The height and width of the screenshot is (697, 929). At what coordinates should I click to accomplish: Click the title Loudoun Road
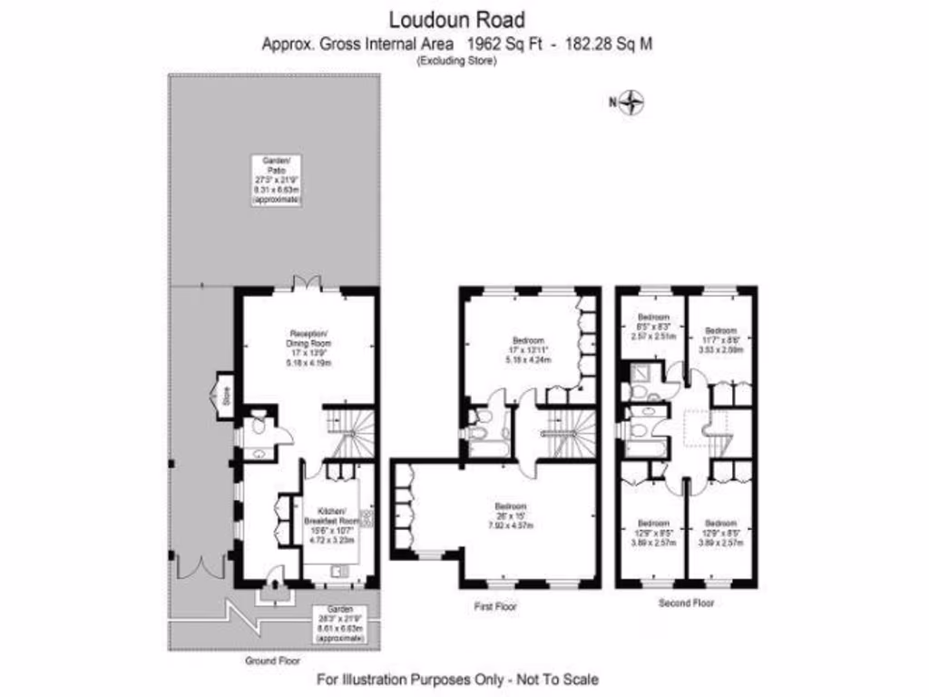click(456, 18)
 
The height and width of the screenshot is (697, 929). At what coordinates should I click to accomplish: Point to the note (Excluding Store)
click(456, 61)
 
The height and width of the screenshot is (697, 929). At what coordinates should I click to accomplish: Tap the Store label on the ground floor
click(227, 396)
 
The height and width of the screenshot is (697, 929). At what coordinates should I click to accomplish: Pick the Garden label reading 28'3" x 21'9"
click(341, 624)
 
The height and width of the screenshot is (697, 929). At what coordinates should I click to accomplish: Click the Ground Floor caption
click(271, 661)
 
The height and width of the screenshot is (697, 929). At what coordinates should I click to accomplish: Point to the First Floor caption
click(495, 605)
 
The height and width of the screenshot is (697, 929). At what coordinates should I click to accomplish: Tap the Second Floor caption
click(686, 602)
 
